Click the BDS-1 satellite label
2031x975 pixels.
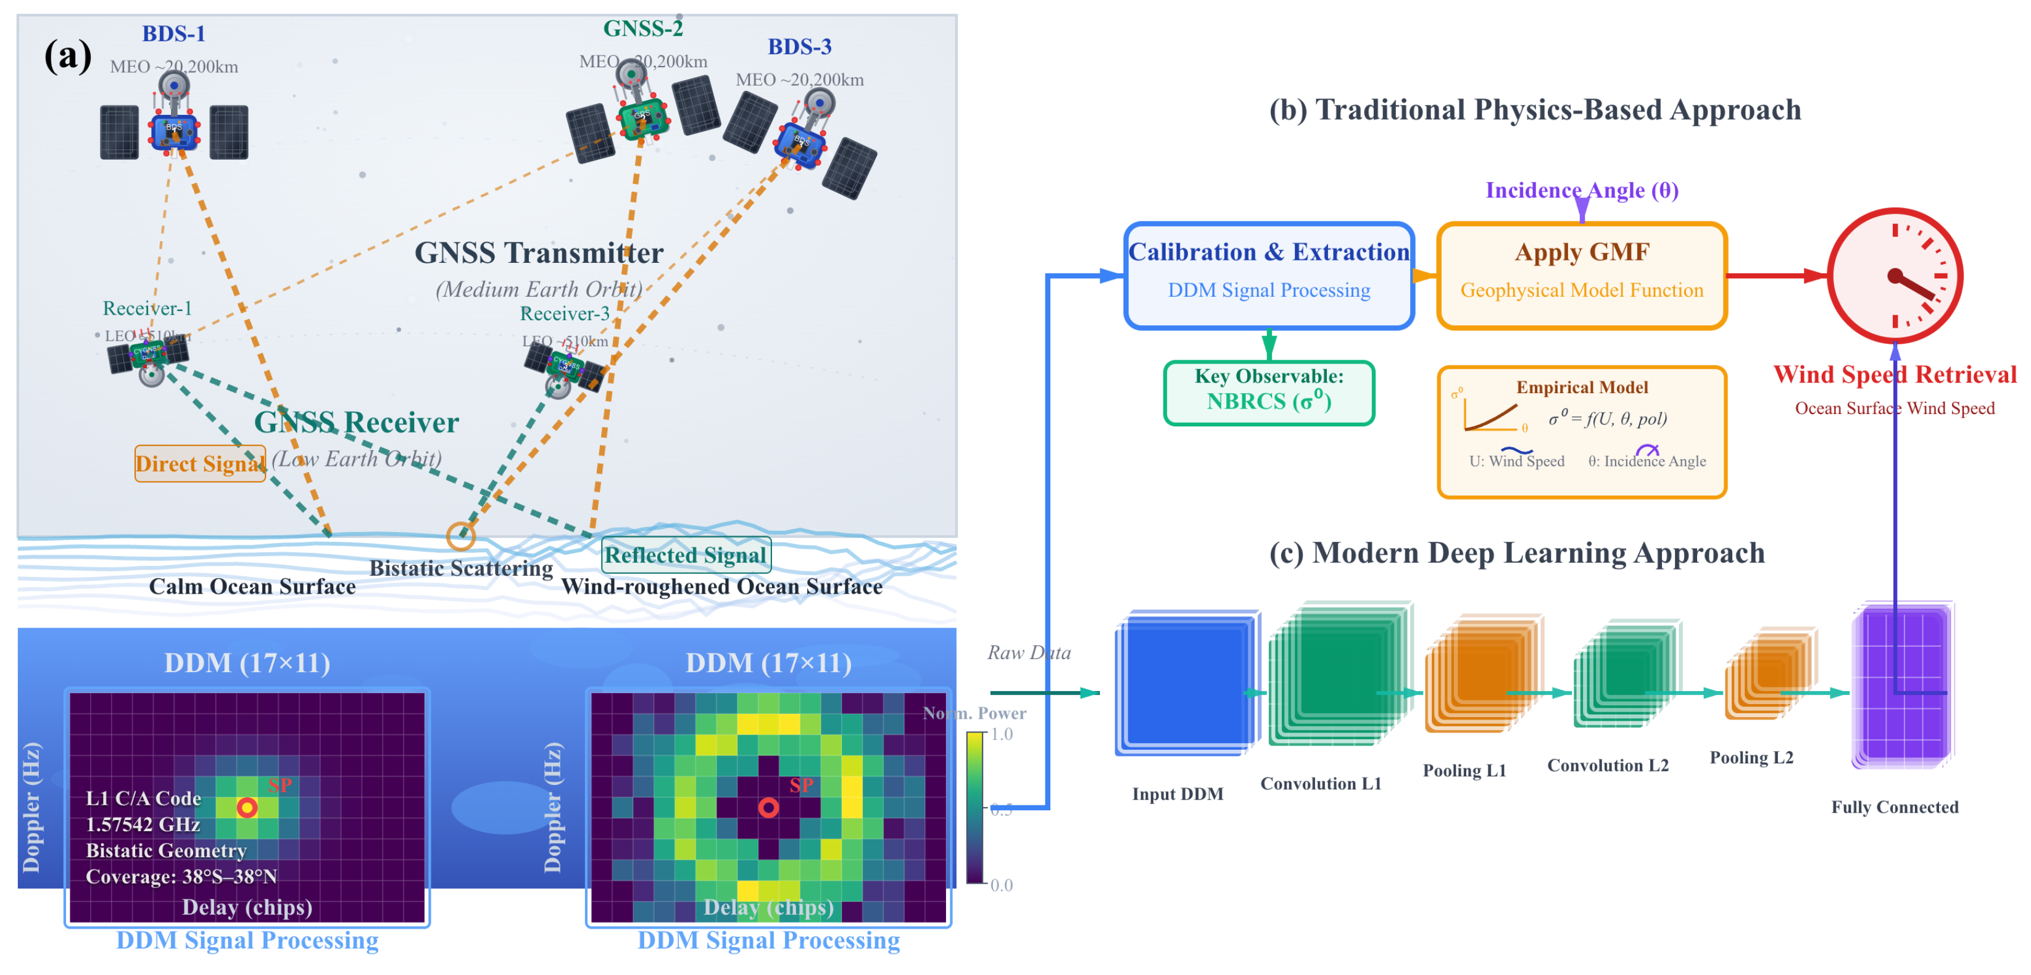click(x=173, y=34)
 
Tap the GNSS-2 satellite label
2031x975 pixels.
click(x=642, y=28)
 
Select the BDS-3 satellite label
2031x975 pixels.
click(x=799, y=48)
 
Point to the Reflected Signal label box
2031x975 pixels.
click(x=685, y=555)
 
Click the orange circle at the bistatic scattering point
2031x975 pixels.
click(x=460, y=536)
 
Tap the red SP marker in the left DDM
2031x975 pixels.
click(x=247, y=807)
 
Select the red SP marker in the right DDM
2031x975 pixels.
click(x=769, y=807)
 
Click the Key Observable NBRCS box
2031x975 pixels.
click(x=1269, y=392)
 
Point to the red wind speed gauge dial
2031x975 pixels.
click(x=1895, y=276)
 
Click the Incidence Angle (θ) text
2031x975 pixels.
click(x=1582, y=190)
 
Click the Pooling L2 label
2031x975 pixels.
click(x=1751, y=757)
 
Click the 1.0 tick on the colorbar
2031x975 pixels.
click(x=1002, y=734)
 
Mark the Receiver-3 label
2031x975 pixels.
click(x=565, y=313)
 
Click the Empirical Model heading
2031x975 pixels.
click(x=1582, y=387)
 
